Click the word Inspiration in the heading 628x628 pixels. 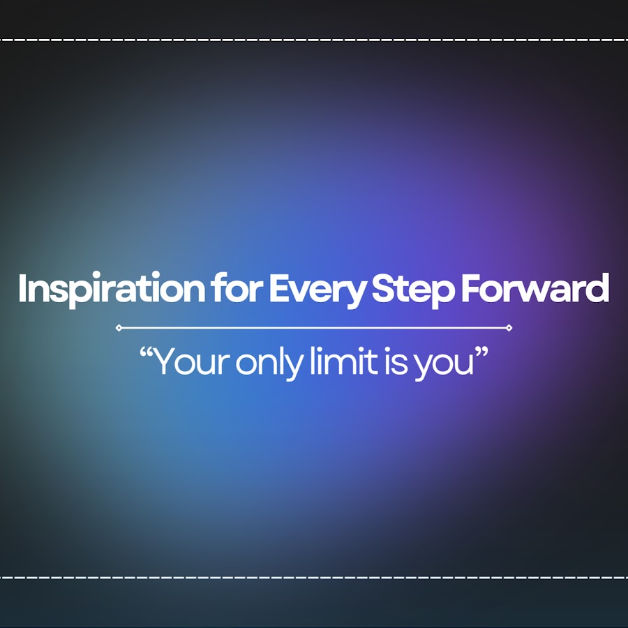pyautogui.click(x=112, y=289)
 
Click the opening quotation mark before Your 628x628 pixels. pyautogui.click(x=147, y=353)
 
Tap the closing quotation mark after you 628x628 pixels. pyautogui.click(x=481, y=353)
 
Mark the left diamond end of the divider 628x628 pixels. pyautogui.click(x=119, y=328)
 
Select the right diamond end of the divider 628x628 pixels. pyautogui.click(x=509, y=328)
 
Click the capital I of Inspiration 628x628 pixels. pyautogui.click(x=22, y=287)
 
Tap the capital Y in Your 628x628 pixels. pyautogui.click(x=166, y=361)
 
